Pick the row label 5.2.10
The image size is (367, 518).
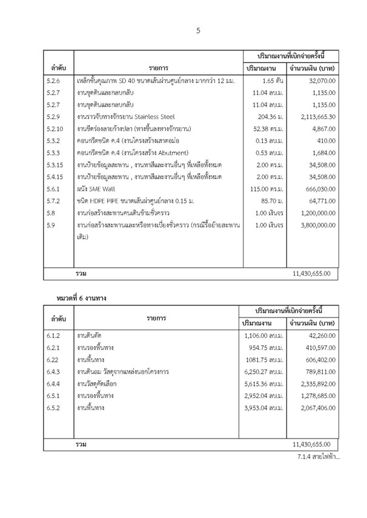[x=56, y=128]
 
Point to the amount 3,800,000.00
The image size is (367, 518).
[x=311, y=225]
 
